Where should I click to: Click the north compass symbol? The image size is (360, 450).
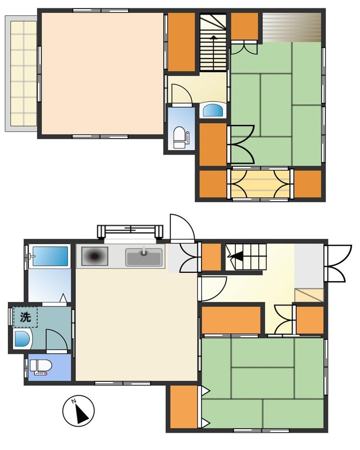pos(78,411)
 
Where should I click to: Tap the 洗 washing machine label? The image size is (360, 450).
pos(25,317)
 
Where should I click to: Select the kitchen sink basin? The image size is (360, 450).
pos(143,257)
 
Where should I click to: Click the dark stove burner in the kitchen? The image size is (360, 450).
pos(94,256)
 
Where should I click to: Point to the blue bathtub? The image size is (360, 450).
pos(50,256)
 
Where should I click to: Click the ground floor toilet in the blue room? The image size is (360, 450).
pos(40,367)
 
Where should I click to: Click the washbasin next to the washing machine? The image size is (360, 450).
pos(22,339)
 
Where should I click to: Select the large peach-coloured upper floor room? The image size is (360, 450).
pos(103,74)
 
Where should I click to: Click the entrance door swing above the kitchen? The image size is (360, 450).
pos(182,228)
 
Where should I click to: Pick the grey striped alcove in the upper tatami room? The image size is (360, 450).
pos(292,28)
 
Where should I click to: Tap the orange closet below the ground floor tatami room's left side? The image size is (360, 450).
pos(183,407)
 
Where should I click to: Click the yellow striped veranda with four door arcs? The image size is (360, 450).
pos(260,184)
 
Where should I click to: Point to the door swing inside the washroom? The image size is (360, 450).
pos(57,340)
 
